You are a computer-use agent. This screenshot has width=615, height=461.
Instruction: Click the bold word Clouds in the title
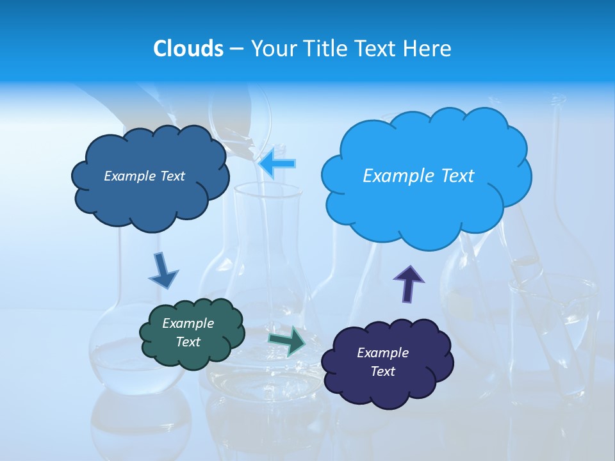188,49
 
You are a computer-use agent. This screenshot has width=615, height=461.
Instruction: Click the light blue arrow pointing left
277,163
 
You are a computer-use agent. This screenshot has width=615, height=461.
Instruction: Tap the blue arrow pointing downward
163,270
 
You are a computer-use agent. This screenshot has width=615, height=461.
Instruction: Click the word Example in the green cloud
188,323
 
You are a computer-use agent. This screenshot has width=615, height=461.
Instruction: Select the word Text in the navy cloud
382,371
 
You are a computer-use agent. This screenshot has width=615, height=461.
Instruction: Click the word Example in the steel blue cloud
128,176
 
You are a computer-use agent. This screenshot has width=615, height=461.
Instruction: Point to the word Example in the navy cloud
382,353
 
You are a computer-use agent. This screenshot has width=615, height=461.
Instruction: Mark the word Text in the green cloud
188,342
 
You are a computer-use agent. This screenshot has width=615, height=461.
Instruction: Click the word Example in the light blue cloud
394,176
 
